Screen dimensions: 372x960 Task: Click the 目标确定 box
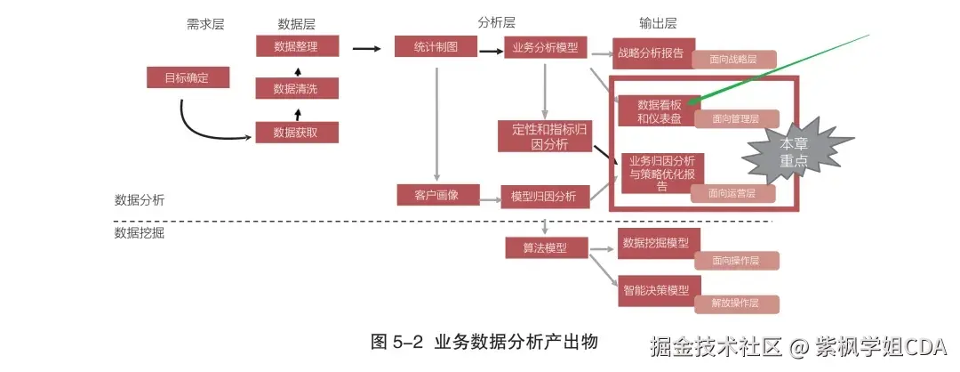[188, 77]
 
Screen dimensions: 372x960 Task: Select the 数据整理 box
[297, 46]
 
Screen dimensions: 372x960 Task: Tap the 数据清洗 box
[297, 88]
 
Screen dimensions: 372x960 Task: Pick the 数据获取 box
[297, 133]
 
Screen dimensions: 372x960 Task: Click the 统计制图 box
[436, 46]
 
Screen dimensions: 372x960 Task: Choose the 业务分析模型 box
[546, 47]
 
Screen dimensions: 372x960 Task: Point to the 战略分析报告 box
[652, 53]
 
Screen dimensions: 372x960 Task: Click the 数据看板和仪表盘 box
[659, 109]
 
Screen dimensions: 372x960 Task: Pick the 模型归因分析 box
[545, 195]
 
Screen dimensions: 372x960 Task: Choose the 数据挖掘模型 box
[657, 242]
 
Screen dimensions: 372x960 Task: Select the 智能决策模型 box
[657, 290]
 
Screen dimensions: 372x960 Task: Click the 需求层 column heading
[205, 23]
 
